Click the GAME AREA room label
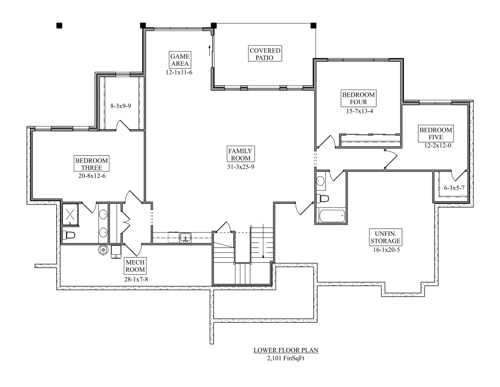pos(180,60)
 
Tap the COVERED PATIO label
pos(265,54)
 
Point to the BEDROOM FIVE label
pos(436,134)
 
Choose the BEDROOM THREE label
pos(92,164)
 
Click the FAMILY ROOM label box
pos(240,154)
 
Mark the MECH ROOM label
pos(135,266)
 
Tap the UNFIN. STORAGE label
pos(385,237)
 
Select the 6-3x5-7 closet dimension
pos(454,188)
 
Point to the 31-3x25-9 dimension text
pos(241,167)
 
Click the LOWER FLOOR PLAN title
pos(286,350)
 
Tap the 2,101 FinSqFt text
pos(286,358)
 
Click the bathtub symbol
pos(331,216)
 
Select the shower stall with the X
pos(70,214)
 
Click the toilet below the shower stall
pos(69,235)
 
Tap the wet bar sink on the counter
pos(185,237)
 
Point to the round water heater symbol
pos(103,249)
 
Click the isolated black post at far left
pos(59,26)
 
